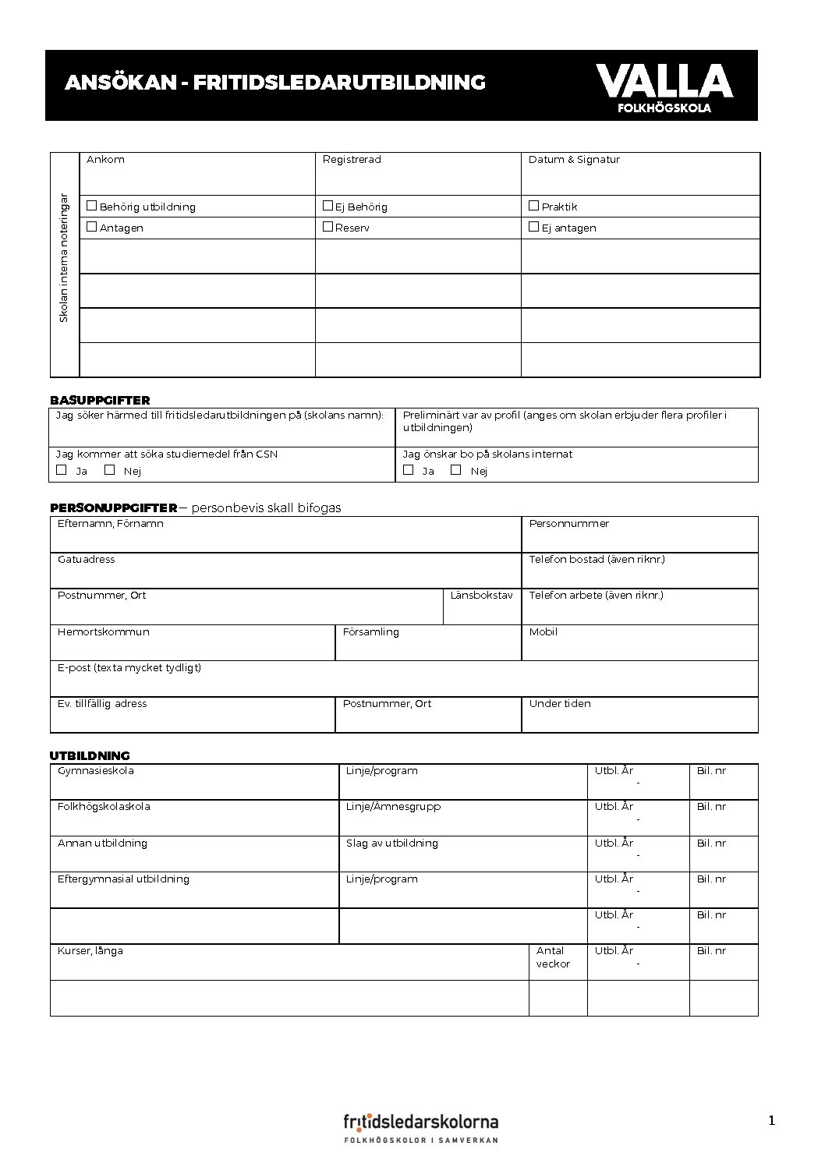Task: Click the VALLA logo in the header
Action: (x=664, y=87)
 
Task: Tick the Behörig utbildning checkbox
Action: (x=92, y=206)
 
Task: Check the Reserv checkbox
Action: (x=328, y=227)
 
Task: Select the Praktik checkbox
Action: (x=533, y=206)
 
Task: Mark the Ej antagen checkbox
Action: (x=533, y=227)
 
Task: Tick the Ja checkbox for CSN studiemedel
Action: (x=62, y=470)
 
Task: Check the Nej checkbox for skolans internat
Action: (x=456, y=470)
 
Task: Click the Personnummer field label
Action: (x=568, y=524)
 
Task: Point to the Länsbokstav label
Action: (x=481, y=596)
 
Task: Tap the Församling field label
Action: (x=370, y=632)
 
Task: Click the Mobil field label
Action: (x=543, y=632)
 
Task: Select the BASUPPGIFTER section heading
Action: (x=100, y=400)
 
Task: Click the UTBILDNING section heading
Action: (x=90, y=755)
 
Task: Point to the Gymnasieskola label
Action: (x=95, y=771)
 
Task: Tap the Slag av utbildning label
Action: (x=391, y=843)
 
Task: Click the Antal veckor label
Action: (x=553, y=957)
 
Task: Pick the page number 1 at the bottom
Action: (x=772, y=1121)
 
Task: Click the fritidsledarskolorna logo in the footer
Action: (x=421, y=1128)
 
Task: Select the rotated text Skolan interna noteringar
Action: (x=64, y=258)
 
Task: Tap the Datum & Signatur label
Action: (x=574, y=160)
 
